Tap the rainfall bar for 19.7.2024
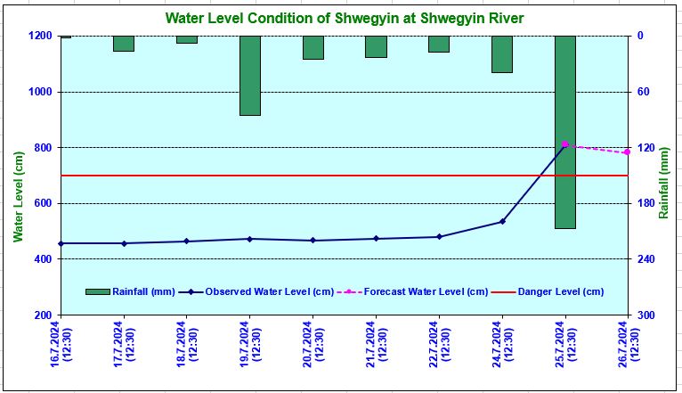tap(249, 76)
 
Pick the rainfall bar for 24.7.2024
tap(502, 54)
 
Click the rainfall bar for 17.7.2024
tap(124, 44)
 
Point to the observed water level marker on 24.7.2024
tap(502, 221)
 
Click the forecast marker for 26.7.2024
tap(628, 152)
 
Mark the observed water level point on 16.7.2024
tap(61, 243)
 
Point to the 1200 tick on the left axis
tap(40, 36)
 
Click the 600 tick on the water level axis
tap(43, 203)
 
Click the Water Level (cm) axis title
tap(18, 196)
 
